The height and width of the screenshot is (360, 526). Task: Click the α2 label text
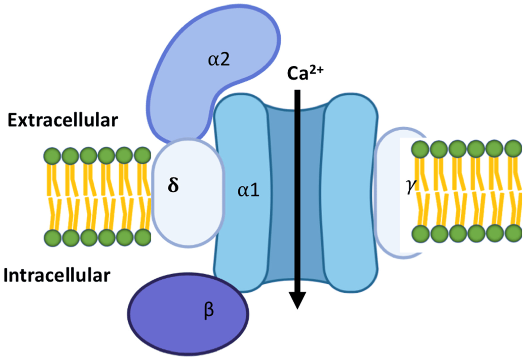click(219, 60)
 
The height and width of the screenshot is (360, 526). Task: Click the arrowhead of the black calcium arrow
click(297, 300)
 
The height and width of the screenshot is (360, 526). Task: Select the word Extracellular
click(62, 120)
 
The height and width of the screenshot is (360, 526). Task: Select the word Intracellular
click(57, 276)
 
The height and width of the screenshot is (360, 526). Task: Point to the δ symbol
click(173, 185)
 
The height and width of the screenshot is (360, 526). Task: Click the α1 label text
click(248, 190)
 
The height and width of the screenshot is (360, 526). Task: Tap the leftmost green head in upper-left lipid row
click(52, 156)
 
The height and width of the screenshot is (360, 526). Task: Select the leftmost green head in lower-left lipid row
click(53, 238)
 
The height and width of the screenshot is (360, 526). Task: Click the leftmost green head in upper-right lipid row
click(420, 149)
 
